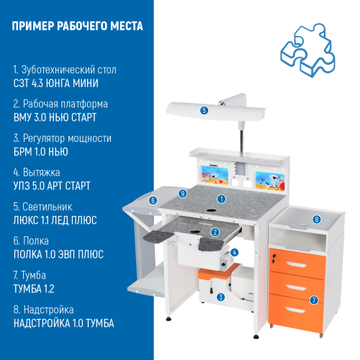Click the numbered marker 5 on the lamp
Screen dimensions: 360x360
(x=204, y=110)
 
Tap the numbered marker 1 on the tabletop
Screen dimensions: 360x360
(x=222, y=198)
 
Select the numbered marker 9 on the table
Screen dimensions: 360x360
(x=184, y=194)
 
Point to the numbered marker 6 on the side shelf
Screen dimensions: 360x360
(x=153, y=201)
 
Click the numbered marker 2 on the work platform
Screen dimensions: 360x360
(x=215, y=232)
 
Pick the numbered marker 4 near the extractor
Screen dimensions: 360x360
(x=235, y=253)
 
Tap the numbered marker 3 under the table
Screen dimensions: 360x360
(x=222, y=296)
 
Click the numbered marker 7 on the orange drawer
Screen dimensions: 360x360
(x=313, y=300)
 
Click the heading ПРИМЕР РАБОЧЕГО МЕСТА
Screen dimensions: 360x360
(x=78, y=27)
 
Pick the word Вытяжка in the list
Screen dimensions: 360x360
(x=44, y=173)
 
